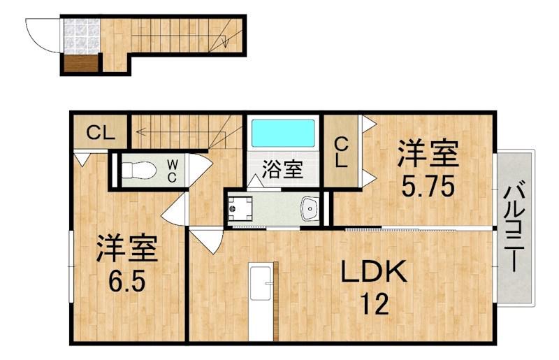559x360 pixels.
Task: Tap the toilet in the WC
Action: pyautogui.click(x=136, y=168)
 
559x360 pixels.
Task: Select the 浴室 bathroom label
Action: pyautogui.click(x=282, y=169)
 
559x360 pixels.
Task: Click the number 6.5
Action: pyautogui.click(x=126, y=280)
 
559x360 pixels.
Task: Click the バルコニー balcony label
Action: pyautogui.click(x=514, y=227)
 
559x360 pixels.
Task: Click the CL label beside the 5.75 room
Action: pyautogui.click(x=341, y=153)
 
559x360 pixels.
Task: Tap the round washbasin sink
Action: pyautogui.click(x=310, y=207)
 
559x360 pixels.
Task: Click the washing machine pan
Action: pyautogui.click(x=242, y=208)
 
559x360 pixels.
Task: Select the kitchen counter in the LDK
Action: pyautogui.click(x=263, y=301)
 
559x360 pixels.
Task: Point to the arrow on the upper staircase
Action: pyautogui.click(x=224, y=41)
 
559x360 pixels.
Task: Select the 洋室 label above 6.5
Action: pyautogui.click(x=126, y=248)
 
